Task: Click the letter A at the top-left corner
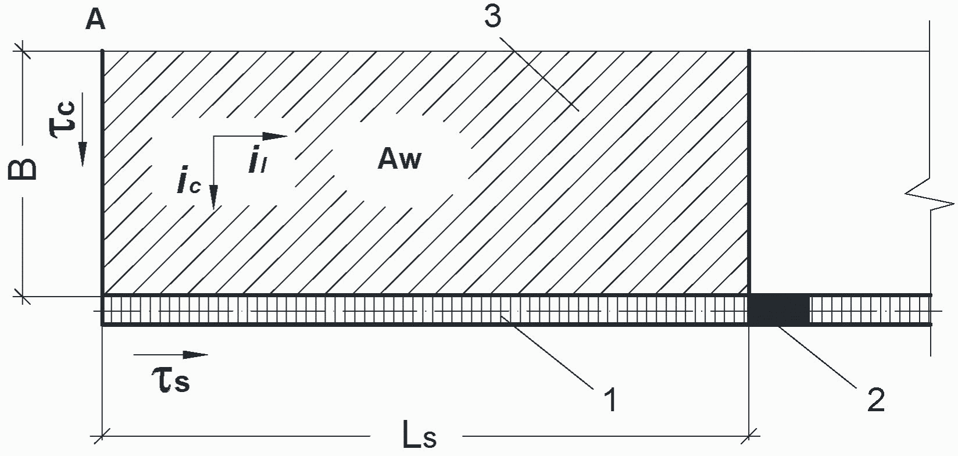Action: (95, 20)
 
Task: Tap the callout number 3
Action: (493, 17)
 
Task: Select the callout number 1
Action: (612, 399)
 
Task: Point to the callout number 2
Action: (876, 400)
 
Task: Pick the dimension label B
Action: (22, 169)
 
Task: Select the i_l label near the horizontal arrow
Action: (258, 160)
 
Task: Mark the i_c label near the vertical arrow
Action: (188, 184)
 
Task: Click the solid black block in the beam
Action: (779, 309)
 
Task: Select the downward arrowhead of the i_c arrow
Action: (213, 197)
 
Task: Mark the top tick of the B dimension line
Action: (22, 51)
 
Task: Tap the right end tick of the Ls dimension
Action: (749, 437)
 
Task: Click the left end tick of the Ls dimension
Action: (102, 437)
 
